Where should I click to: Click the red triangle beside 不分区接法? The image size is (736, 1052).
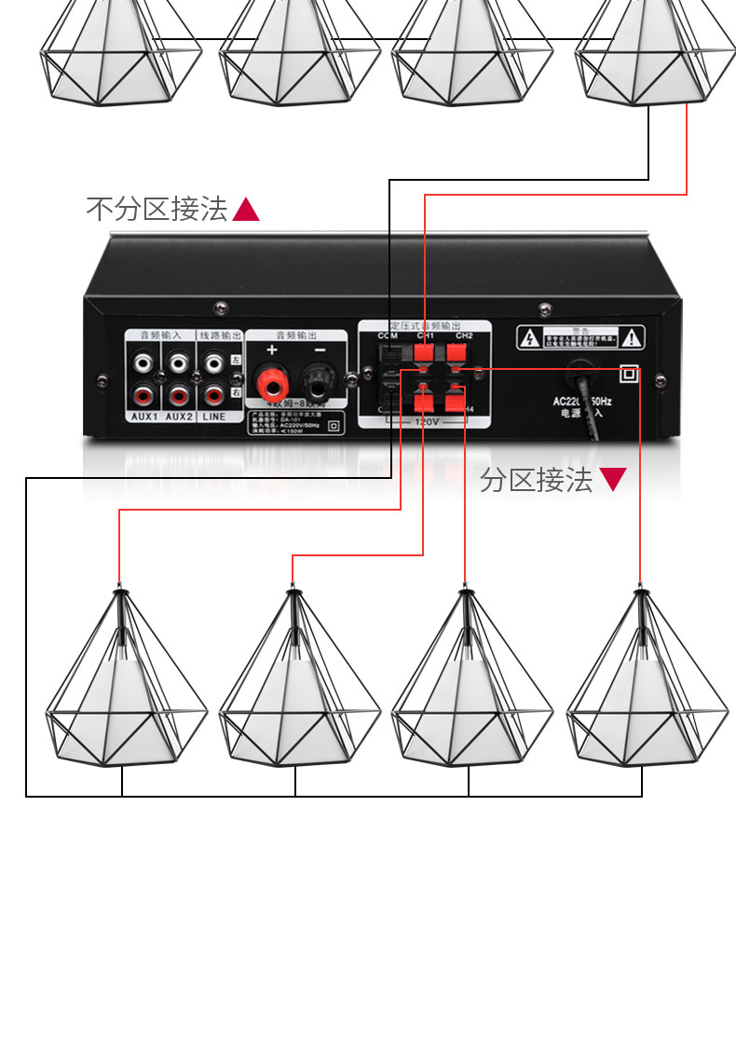(x=245, y=210)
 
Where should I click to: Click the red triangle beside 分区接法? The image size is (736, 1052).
(x=612, y=480)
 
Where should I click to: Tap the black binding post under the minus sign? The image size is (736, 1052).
(x=317, y=381)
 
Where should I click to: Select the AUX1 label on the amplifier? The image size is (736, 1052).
(x=144, y=417)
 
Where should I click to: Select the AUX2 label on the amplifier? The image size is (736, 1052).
(x=179, y=417)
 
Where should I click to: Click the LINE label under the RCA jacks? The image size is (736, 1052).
(x=214, y=417)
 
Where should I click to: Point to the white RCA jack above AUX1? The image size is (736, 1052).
(x=144, y=361)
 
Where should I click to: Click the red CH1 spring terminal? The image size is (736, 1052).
(x=424, y=353)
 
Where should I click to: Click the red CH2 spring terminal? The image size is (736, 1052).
(x=457, y=353)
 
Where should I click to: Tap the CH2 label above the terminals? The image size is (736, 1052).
(x=464, y=335)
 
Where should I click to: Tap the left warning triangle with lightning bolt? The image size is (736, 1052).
(x=528, y=338)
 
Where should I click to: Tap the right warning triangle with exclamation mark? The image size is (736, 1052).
(x=632, y=337)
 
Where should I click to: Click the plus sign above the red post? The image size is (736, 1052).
(x=272, y=350)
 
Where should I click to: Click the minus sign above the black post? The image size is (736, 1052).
(x=317, y=350)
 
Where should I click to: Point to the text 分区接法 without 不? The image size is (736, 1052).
(x=537, y=480)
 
